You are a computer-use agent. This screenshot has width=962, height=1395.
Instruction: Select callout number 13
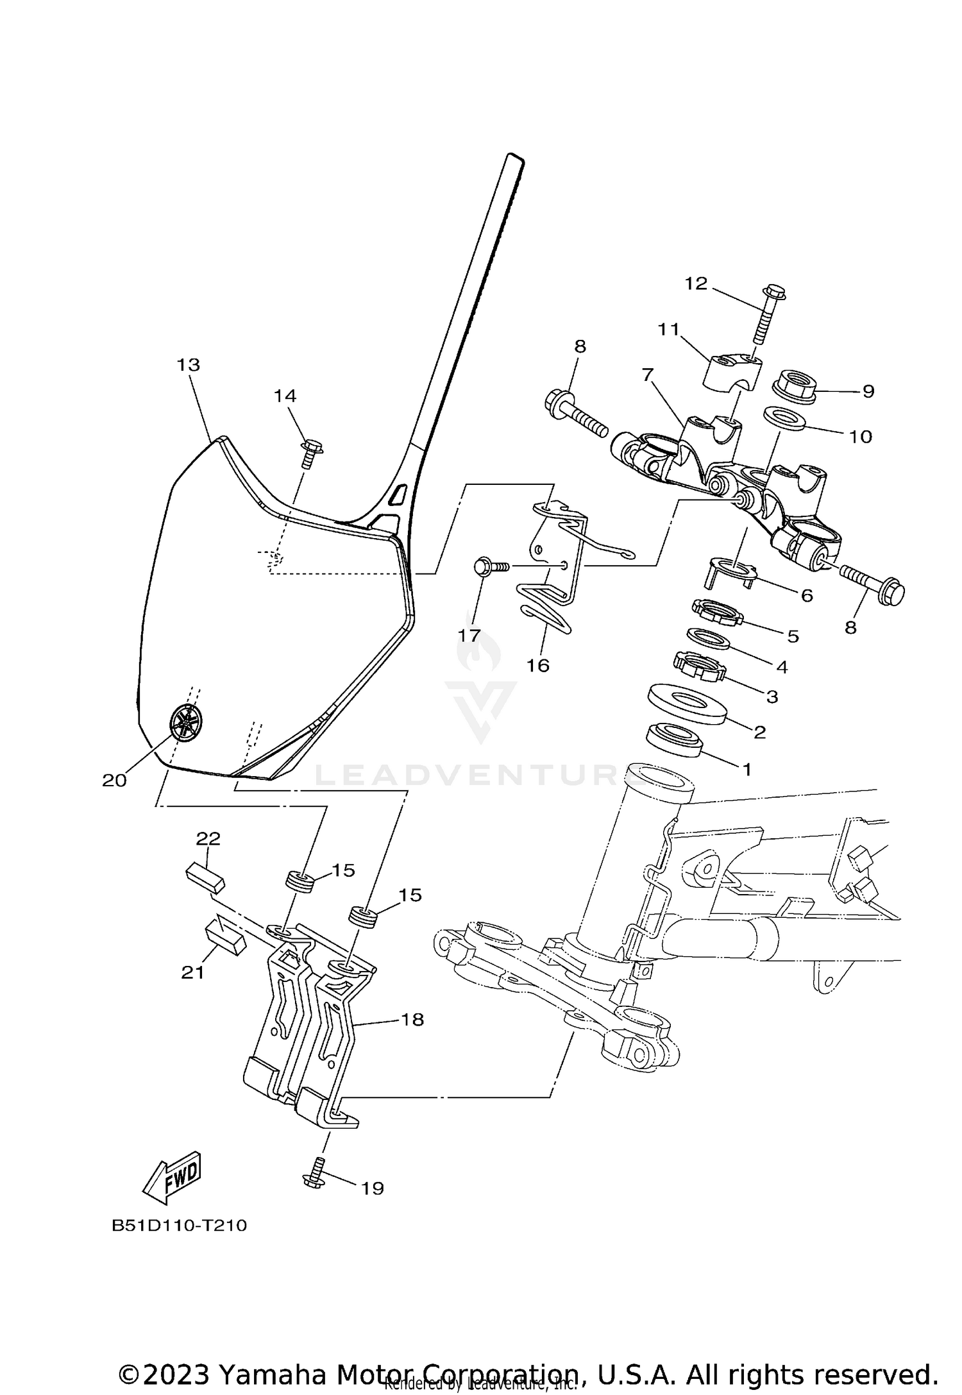(189, 365)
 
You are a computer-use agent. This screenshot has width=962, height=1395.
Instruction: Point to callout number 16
(538, 666)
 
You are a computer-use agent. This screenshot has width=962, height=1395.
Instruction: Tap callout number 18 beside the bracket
(412, 1019)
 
